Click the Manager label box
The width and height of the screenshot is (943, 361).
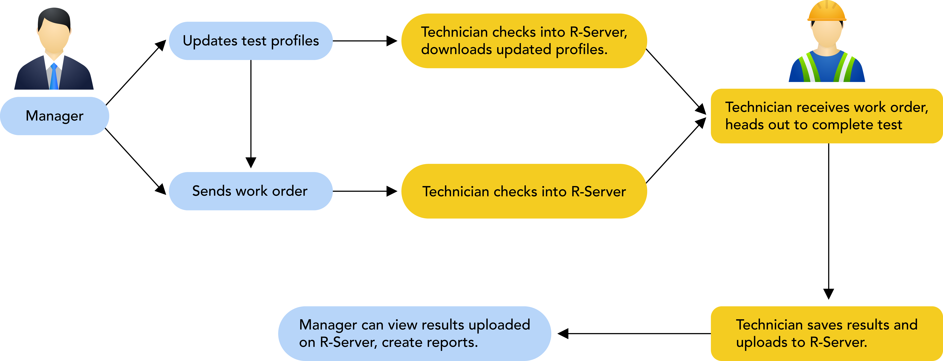(55, 116)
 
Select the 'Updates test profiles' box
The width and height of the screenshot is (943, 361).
(251, 41)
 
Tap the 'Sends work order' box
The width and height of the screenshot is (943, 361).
(251, 191)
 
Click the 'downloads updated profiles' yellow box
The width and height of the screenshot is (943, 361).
(524, 41)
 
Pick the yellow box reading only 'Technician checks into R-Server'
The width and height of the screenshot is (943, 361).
(524, 191)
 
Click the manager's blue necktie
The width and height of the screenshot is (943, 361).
(54, 76)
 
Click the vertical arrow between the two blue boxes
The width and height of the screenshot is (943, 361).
(251, 114)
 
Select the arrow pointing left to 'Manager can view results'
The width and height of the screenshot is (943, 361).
(634, 334)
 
